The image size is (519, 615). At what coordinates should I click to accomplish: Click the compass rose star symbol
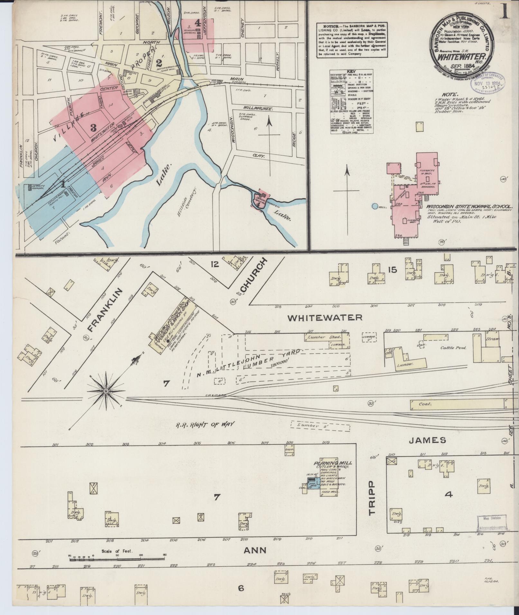click(106, 391)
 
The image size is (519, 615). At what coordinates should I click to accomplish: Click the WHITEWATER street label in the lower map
click(325, 318)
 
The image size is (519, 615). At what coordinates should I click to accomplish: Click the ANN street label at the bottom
click(255, 550)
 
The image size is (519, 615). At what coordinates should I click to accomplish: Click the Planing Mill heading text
click(333, 463)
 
